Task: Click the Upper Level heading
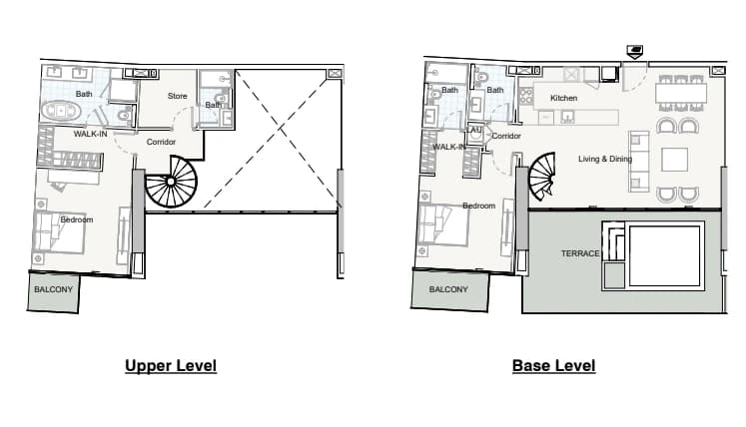click(x=171, y=366)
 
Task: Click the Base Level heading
click(x=554, y=366)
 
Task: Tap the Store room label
click(x=178, y=96)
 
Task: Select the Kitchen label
click(x=564, y=98)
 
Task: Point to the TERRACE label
click(x=580, y=253)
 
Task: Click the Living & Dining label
click(x=605, y=159)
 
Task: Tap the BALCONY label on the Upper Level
click(x=53, y=289)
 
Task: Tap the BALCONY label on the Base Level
click(x=448, y=289)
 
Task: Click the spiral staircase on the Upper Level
click(x=171, y=182)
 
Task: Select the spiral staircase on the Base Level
click(x=542, y=177)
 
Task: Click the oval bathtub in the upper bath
click(x=61, y=111)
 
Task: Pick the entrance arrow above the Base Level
click(x=635, y=51)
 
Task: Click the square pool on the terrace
click(x=665, y=255)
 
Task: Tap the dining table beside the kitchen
click(x=681, y=92)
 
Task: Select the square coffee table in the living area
click(x=675, y=160)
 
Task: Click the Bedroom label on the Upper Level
click(x=77, y=219)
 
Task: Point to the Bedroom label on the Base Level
click(x=479, y=206)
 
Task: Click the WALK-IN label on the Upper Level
click(x=91, y=134)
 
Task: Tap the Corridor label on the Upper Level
click(x=161, y=142)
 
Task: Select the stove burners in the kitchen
click(x=525, y=97)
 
